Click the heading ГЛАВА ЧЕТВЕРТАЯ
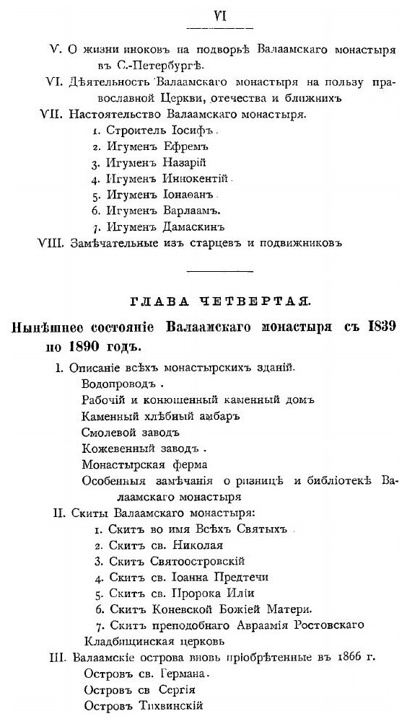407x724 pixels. point(203,299)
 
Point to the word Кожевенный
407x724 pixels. point(113,448)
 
